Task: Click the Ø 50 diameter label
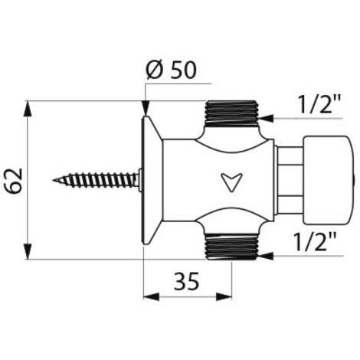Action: [171, 70]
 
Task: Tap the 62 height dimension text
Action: [15, 181]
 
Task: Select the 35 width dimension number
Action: [186, 281]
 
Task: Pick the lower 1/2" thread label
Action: [316, 241]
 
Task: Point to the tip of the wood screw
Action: [53, 180]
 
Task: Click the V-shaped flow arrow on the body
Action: [231, 182]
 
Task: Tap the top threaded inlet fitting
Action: [232, 114]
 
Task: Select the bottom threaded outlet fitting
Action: [232, 247]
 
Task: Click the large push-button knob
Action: [329, 180]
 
